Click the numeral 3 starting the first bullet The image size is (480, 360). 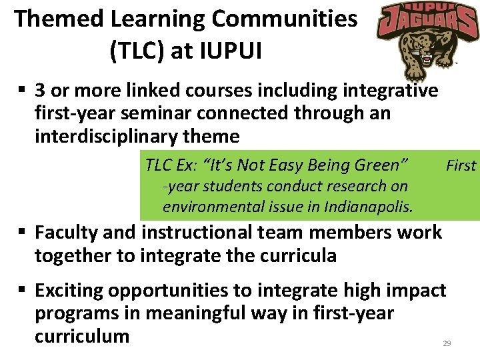click(x=41, y=91)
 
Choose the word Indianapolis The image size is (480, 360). click(x=369, y=207)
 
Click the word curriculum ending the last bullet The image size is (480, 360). click(x=82, y=335)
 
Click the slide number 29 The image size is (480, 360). click(x=447, y=343)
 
